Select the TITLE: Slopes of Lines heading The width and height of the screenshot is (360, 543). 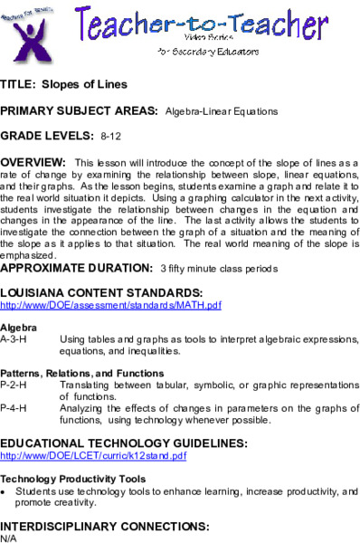click(x=64, y=85)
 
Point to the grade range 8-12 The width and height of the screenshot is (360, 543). click(x=110, y=136)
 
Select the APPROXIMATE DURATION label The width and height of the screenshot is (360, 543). click(x=76, y=268)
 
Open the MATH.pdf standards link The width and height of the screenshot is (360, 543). click(x=110, y=306)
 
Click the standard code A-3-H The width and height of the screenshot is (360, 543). click(x=14, y=338)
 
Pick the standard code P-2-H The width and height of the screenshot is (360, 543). click(x=14, y=385)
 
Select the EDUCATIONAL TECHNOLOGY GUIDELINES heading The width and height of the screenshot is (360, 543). click(x=123, y=443)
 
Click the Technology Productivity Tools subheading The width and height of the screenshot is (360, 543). click(x=73, y=479)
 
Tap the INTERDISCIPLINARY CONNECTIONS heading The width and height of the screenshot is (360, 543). click(x=105, y=526)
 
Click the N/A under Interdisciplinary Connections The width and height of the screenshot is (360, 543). click(x=8, y=538)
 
